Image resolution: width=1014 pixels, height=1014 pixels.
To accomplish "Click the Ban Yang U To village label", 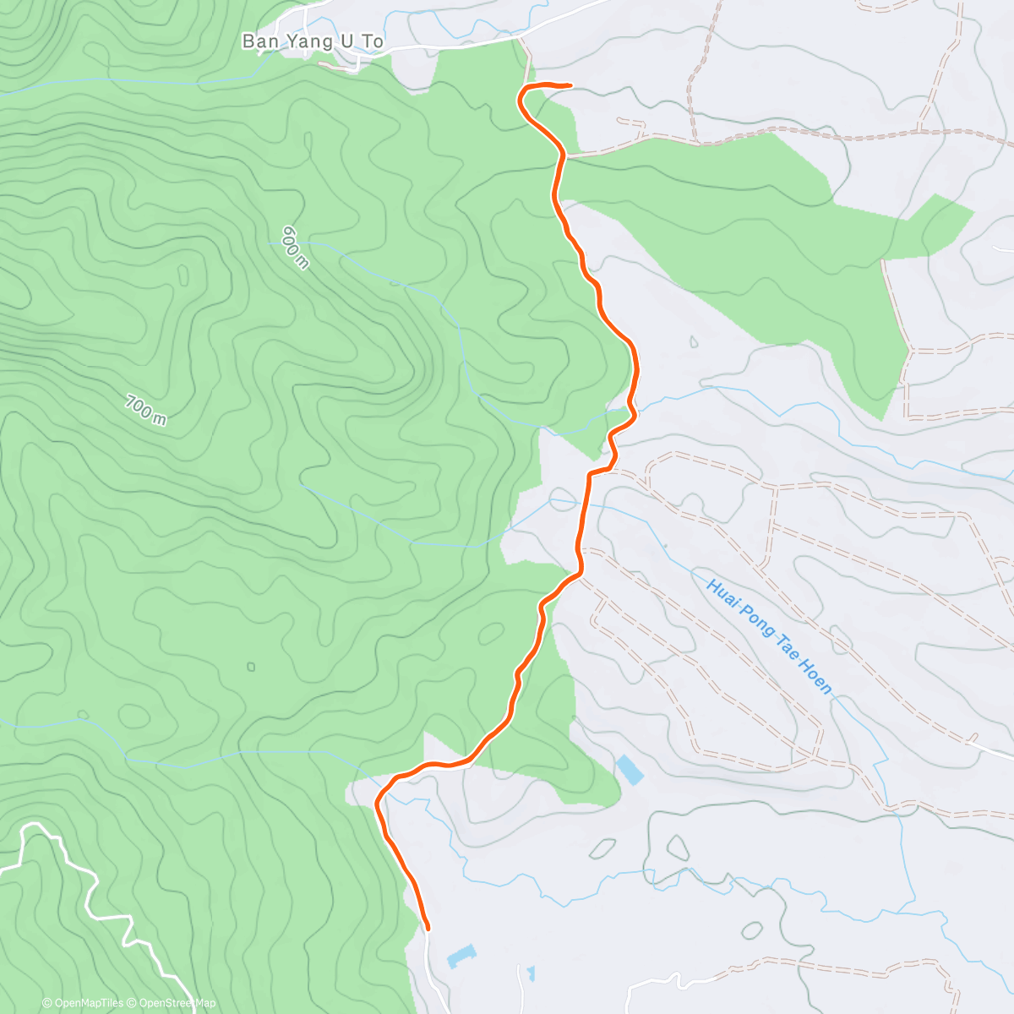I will (x=312, y=41).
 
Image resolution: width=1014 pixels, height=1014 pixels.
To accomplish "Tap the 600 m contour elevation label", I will (x=296, y=247).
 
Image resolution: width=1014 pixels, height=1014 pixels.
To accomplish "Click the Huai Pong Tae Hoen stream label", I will (x=769, y=636).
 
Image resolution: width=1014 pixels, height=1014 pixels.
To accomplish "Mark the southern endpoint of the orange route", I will (x=427, y=927).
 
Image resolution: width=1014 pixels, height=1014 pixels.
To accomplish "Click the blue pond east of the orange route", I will (x=629, y=770).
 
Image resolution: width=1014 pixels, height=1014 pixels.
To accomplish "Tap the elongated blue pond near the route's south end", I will (x=461, y=957).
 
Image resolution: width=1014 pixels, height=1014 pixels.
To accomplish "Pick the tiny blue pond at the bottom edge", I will (x=530, y=973).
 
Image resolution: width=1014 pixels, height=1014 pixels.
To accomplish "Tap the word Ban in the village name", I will (x=257, y=41).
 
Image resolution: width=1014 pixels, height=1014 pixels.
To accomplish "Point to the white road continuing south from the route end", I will (x=434, y=972).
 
